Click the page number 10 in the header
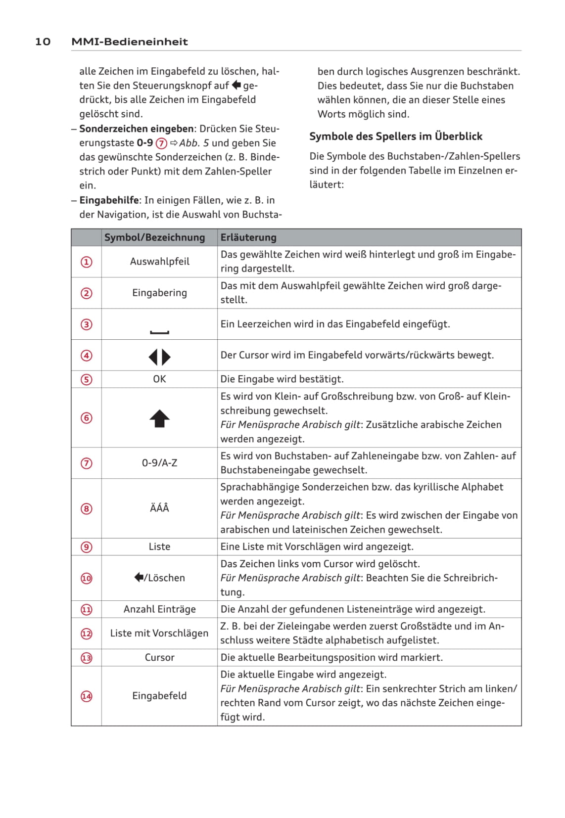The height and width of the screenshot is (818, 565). (43, 42)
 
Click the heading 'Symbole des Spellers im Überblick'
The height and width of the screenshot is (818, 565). (395, 136)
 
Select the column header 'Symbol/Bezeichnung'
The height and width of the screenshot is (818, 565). (154, 237)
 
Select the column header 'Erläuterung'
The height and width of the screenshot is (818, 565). (248, 237)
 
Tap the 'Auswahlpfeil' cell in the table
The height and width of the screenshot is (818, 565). (159, 262)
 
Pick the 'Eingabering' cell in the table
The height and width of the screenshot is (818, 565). (159, 293)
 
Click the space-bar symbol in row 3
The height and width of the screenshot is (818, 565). (159, 332)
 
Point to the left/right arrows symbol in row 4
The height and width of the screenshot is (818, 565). (159, 357)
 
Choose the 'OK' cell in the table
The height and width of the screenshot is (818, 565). (159, 379)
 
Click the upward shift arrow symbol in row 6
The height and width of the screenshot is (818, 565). (159, 419)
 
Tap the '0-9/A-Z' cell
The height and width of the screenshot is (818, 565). (159, 463)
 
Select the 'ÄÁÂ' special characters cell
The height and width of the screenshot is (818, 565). (159, 508)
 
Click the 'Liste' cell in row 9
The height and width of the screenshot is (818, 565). (159, 546)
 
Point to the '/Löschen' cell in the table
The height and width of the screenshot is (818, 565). (159, 578)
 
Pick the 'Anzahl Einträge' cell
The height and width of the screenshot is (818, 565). (159, 609)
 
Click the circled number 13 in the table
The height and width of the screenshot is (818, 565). (87, 658)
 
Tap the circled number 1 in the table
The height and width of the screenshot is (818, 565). (87, 262)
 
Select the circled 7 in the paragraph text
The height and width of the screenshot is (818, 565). (161, 143)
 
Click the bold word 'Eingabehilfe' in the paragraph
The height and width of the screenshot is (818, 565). (109, 200)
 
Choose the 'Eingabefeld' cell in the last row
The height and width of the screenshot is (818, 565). (159, 696)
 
